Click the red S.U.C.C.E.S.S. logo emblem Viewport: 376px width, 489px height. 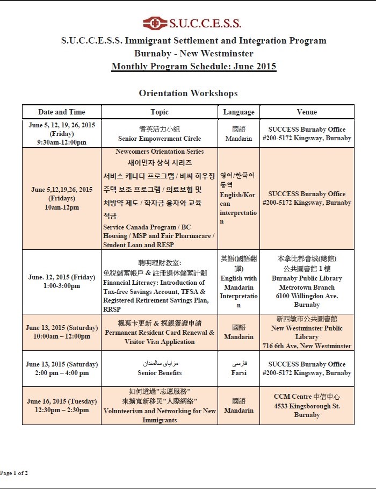point(156,23)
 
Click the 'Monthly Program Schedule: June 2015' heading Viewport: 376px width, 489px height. point(193,67)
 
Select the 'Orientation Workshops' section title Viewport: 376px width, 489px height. point(188,94)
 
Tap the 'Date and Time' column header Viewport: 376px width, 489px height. point(61,112)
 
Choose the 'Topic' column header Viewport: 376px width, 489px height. point(160,112)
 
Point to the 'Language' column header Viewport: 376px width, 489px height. point(238,112)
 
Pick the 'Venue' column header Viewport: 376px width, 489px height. point(307,112)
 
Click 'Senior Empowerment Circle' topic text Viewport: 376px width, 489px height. point(160,138)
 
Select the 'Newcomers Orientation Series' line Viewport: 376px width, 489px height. point(160,152)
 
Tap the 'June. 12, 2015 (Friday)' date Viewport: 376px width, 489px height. point(61,277)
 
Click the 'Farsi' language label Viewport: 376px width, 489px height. point(238,372)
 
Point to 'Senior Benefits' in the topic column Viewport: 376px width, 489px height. point(160,372)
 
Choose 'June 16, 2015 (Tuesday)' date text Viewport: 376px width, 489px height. point(61,401)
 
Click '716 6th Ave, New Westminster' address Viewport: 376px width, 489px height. point(307,346)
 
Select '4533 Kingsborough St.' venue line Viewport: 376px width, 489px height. point(307,406)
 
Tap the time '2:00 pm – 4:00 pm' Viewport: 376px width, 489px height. point(61,372)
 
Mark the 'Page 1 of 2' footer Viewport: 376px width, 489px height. point(14,473)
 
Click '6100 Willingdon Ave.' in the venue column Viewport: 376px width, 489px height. point(307,296)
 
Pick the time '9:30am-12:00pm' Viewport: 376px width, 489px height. point(61,142)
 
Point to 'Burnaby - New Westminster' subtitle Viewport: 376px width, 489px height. point(193,54)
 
